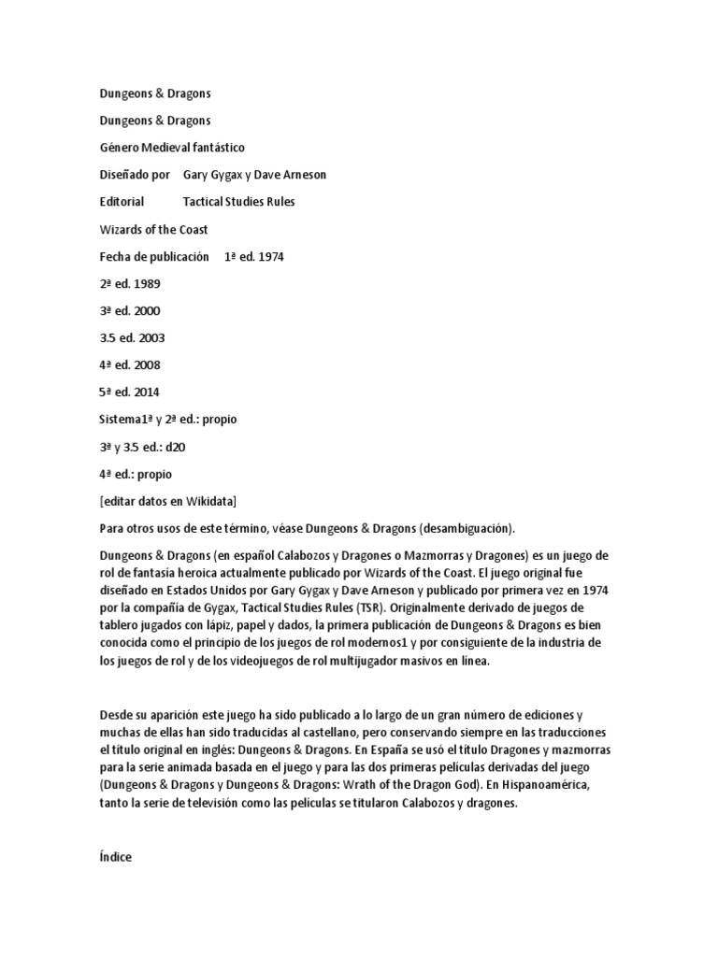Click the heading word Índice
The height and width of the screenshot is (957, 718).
115,857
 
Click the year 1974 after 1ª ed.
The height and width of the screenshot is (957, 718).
268,256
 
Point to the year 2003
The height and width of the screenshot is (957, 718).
151,337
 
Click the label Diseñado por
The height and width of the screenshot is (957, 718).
135,175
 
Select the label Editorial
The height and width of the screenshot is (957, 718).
122,202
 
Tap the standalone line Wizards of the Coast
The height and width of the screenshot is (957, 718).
153,229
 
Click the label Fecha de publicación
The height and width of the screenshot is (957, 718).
153,256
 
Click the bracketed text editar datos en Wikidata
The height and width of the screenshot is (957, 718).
174,500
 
